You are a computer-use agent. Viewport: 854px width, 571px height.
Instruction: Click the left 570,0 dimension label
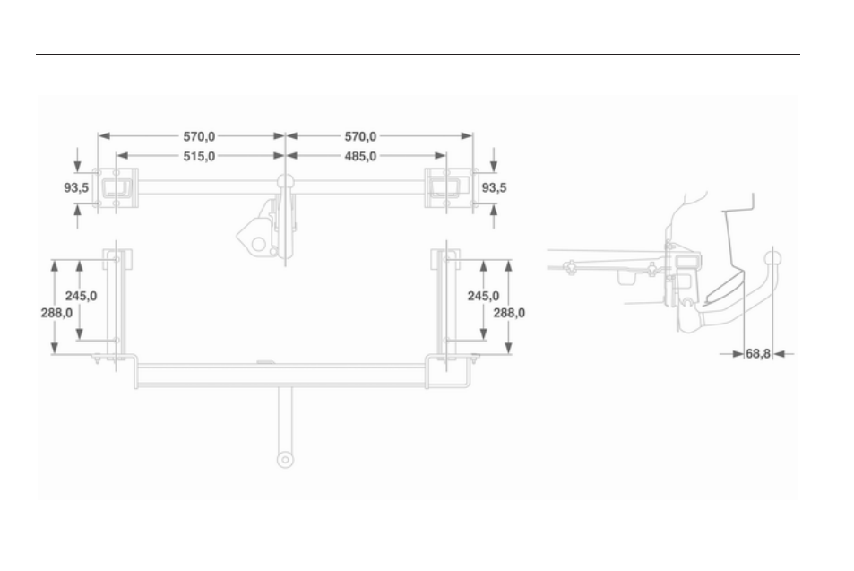point(199,136)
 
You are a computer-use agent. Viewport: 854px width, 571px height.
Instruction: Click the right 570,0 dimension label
point(360,136)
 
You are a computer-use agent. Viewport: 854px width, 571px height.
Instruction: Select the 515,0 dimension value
point(199,156)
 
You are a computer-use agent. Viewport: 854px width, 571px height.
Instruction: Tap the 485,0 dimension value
point(360,156)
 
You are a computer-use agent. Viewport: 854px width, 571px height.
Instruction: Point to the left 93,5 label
point(76,188)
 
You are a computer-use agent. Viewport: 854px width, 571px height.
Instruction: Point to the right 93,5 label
point(494,188)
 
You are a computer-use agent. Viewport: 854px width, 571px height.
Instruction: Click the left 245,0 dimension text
point(82,296)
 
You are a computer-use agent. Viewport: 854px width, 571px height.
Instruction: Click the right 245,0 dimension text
point(483,296)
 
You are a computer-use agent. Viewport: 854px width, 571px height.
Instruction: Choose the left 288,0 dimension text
point(56,313)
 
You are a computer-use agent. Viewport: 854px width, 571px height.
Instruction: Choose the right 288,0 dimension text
point(509,313)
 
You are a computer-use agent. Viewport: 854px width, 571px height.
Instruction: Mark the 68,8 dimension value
point(758,354)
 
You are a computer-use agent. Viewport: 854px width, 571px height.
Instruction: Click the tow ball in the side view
point(772,258)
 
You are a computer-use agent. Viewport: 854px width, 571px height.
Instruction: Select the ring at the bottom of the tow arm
point(285,459)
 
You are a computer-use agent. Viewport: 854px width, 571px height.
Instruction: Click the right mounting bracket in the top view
point(451,188)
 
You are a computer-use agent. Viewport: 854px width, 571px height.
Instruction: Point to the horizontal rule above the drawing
point(418,54)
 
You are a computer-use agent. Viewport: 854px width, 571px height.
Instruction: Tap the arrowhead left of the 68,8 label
point(738,354)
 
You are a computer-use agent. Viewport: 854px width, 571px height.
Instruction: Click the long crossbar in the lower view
point(281,376)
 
